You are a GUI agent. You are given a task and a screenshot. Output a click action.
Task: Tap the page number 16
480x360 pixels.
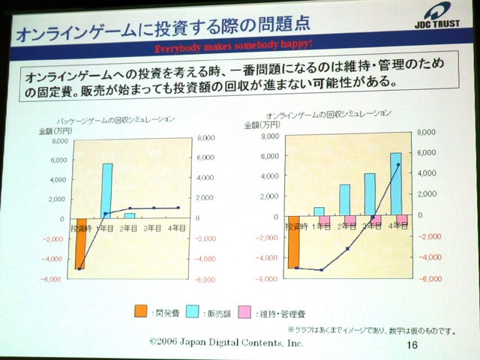[x=411, y=345]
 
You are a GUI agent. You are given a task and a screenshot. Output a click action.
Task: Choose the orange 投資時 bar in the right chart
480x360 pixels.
[x=293, y=242]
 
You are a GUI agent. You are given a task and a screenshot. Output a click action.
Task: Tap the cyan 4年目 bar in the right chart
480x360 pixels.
[x=395, y=183]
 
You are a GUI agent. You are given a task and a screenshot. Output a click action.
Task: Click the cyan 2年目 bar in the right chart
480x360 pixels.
[x=344, y=199]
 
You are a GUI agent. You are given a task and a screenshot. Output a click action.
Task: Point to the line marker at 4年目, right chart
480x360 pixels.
[x=398, y=165]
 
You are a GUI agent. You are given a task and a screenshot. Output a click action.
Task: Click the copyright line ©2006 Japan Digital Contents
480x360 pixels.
[x=226, y=342]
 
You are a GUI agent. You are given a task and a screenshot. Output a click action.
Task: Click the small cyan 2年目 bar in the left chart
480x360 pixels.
[x=130, y=215]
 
